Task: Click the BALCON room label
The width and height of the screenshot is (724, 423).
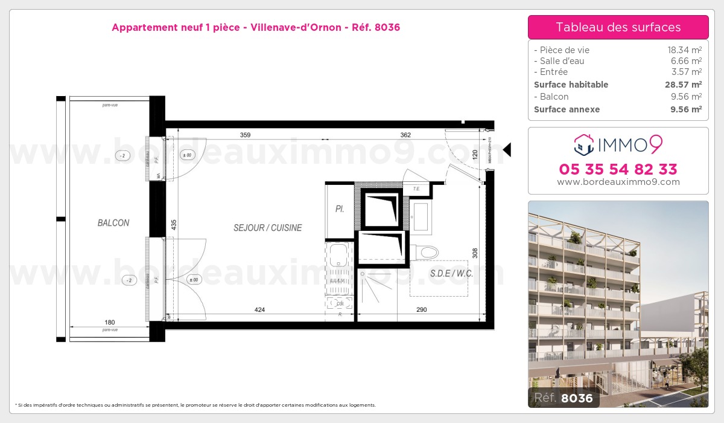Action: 113,223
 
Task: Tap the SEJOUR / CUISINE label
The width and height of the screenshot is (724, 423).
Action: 267,228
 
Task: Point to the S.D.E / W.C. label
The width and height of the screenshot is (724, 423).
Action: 451,273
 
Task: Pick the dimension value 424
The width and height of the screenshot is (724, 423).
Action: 259,310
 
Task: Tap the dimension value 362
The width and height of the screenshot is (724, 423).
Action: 405,135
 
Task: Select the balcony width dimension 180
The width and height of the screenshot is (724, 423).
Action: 110,323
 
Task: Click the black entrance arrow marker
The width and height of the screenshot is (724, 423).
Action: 507,149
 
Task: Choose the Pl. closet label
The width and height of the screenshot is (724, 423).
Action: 340,209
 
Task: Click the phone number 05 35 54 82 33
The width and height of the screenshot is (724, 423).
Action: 618,169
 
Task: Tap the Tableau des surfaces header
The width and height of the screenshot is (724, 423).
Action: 618,27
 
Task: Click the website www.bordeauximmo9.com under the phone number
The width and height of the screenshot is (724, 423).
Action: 618,182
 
